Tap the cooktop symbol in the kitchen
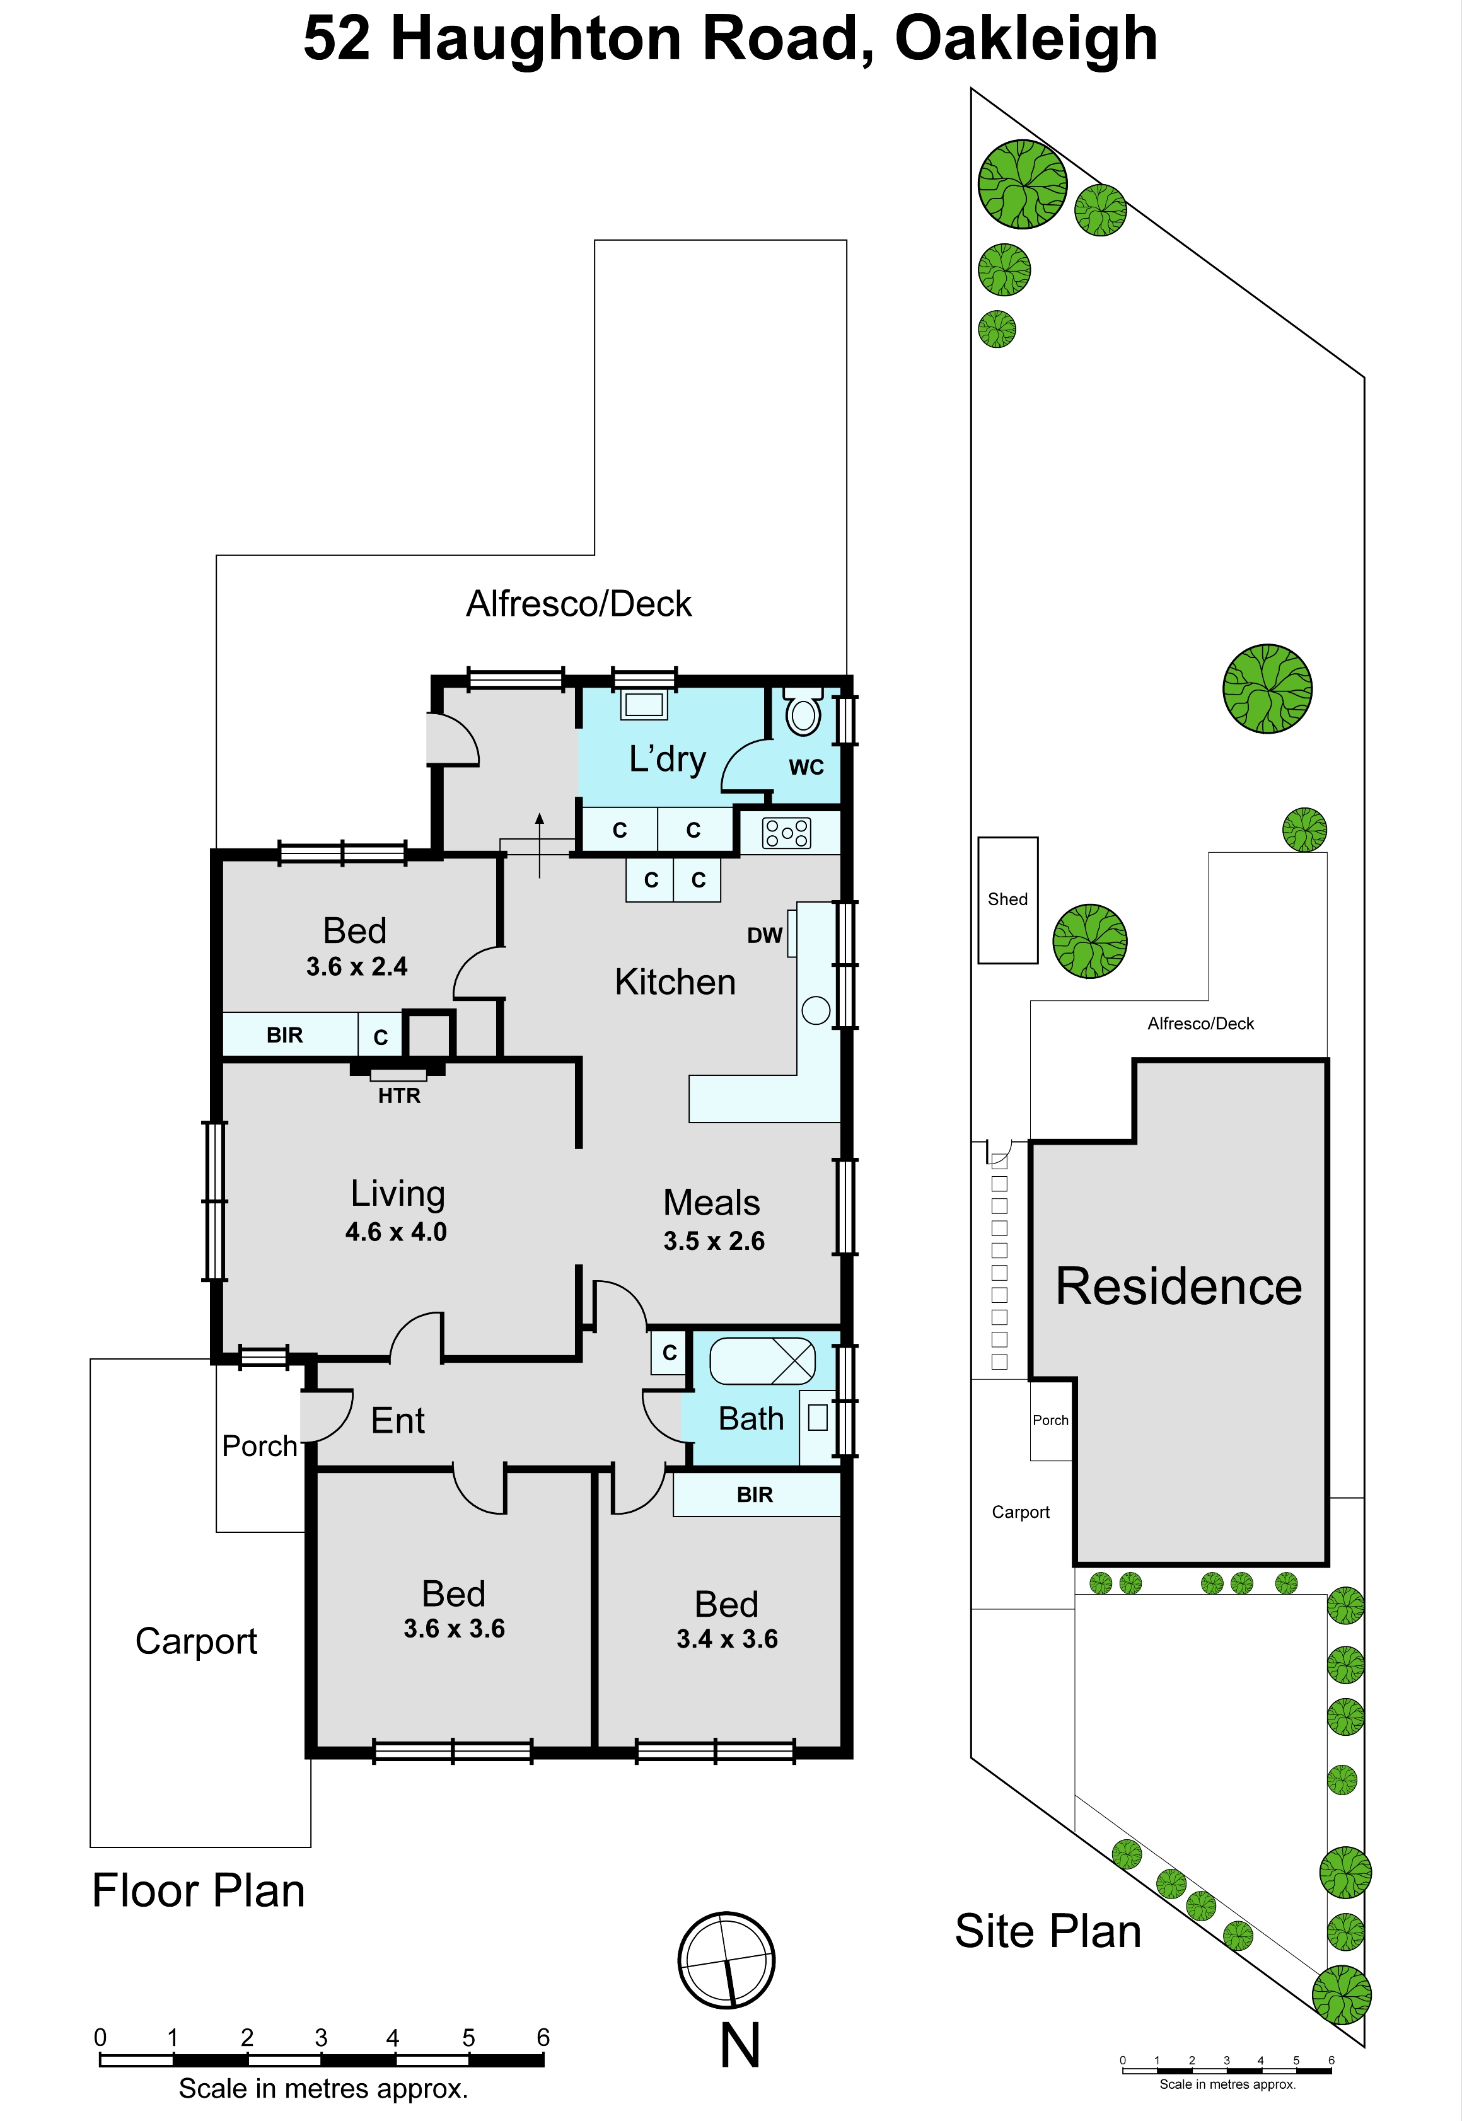(787, 833)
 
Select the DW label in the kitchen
(765, 935)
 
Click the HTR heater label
(400, 1095)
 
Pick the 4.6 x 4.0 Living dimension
(396, 1232)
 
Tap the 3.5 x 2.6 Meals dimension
(714, 1241)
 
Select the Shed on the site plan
(1007, 899)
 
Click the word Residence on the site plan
(1179, 1286)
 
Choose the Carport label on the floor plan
(196, 1642)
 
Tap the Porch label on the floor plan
(260, 1445)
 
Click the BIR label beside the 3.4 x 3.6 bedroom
(755, 1494)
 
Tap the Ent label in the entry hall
(398, 1421)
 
